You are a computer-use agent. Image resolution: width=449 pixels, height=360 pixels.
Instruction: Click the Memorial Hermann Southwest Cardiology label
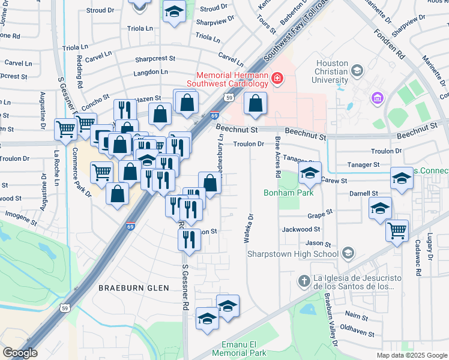230,80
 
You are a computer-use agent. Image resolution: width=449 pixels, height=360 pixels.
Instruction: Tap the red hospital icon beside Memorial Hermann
277,77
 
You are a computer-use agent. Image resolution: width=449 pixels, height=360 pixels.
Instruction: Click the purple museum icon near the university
378,97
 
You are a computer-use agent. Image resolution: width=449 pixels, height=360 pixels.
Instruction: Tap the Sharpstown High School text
293,254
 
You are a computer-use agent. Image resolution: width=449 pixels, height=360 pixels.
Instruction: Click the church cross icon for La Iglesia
304,281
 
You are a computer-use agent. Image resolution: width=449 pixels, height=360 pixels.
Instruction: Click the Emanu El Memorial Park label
235,349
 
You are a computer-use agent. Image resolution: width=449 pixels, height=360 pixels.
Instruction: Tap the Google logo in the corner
20,352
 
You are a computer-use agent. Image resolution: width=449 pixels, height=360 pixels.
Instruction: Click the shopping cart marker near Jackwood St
397,229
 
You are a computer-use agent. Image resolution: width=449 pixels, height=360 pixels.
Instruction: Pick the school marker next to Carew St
310,173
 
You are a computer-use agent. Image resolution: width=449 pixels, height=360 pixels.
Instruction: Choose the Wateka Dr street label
247,229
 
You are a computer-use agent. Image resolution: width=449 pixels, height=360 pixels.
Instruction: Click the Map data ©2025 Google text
411,355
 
